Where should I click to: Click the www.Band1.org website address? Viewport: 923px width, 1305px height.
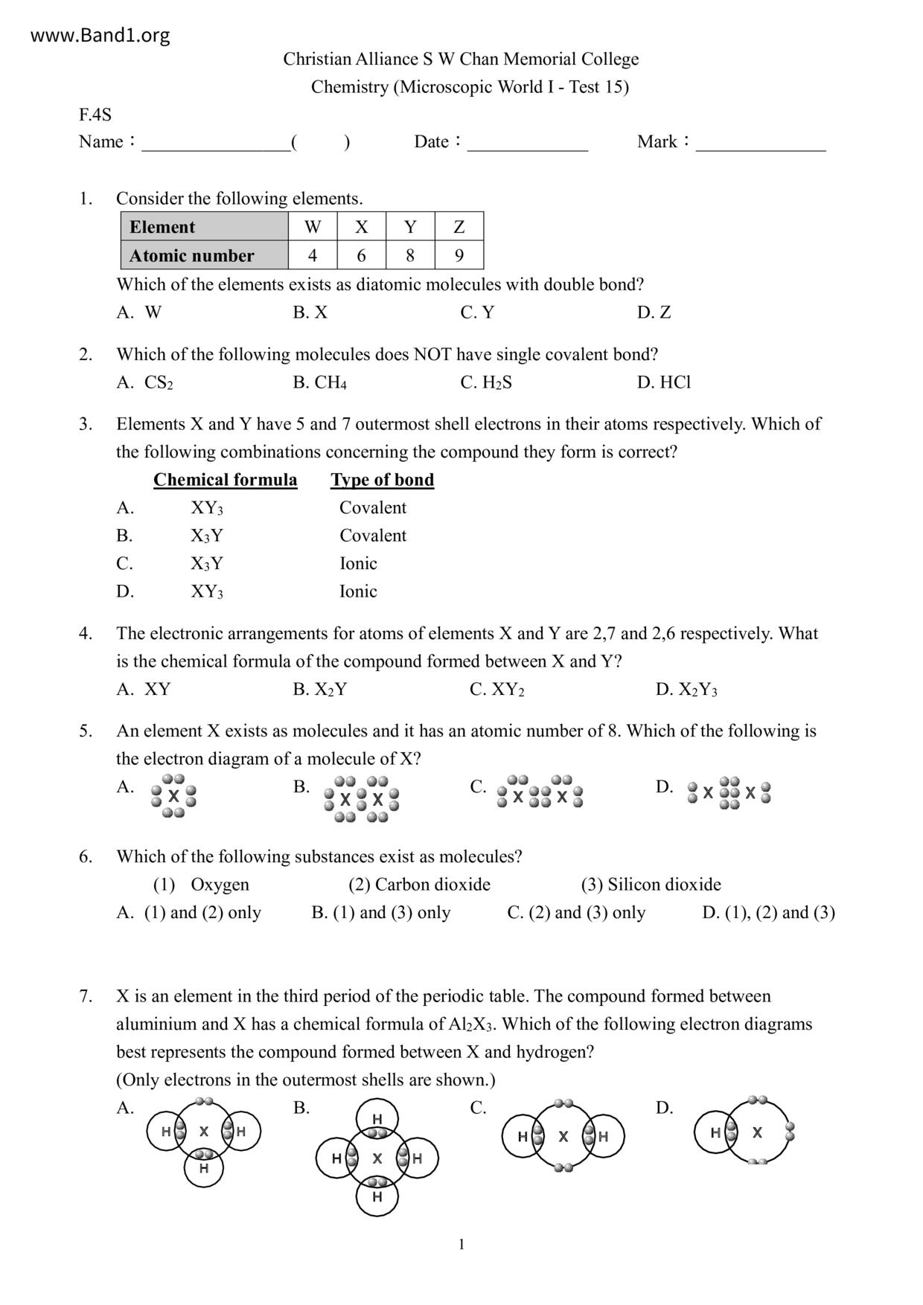click(100, 35)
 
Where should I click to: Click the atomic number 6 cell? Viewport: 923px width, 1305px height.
click(361, 255)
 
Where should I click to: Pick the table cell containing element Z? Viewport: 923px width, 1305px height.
click(459, 226)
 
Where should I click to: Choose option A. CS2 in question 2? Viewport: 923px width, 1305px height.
click(145, 382)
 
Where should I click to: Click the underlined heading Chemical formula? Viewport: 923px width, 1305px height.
click(225, 480)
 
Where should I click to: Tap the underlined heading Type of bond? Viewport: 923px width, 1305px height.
click(382, 480)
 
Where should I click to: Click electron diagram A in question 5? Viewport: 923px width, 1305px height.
click(173, 795)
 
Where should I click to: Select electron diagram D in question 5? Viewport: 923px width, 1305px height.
click(729, 793)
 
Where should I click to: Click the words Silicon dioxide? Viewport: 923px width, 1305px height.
click(664, 885)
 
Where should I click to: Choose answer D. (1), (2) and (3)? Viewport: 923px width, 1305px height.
click(768, 913)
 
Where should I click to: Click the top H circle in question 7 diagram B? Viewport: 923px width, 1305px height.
click(377, 1118)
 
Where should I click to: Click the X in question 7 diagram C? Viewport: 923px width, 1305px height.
click(563, 1136)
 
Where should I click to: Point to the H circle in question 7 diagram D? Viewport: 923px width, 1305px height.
click(715, 1132)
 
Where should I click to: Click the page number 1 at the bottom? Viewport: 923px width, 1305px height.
click(461, 1245)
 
